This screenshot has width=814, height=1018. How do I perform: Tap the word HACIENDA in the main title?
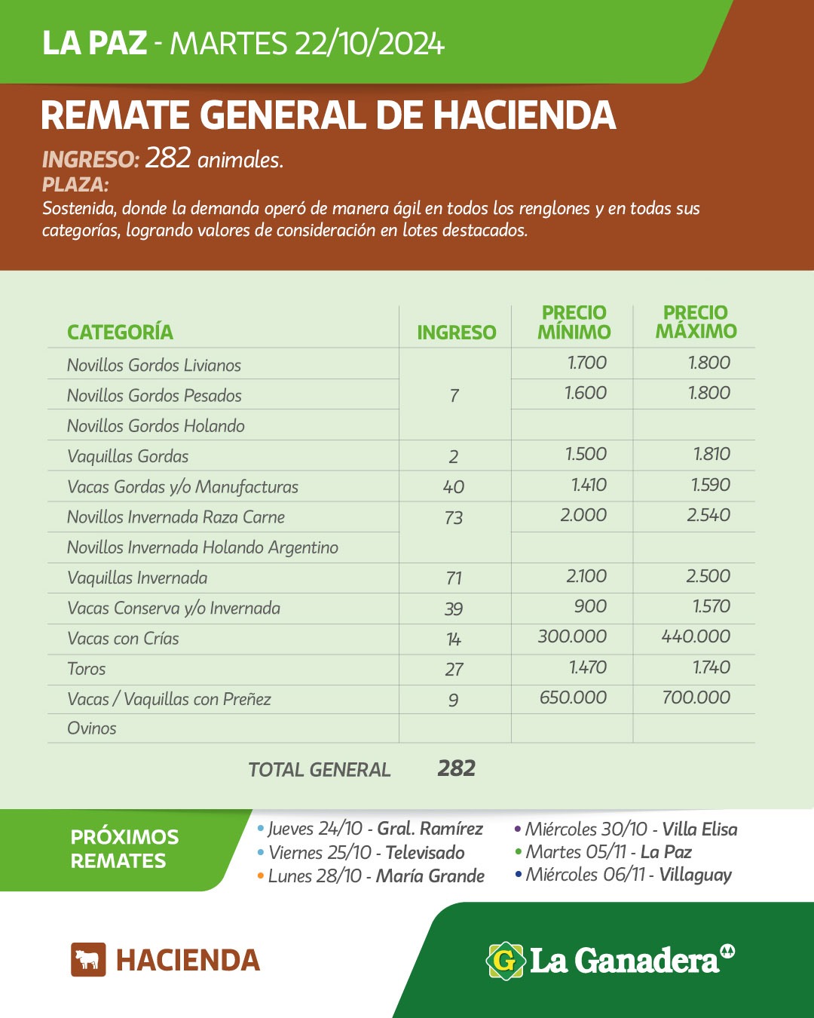point(525,115)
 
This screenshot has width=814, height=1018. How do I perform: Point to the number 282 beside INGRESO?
point(167,158)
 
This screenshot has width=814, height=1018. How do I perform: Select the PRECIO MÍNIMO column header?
point(574,322)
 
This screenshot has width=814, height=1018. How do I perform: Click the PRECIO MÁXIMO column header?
point(696,322)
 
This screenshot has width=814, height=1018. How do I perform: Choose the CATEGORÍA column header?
point(120,332)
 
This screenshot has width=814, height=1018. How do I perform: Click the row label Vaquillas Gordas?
point(127,456)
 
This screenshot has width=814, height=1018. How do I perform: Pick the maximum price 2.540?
point(708,515)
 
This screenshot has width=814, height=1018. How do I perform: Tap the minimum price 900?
point(590,607)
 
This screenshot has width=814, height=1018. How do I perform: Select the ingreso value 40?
point(454,487)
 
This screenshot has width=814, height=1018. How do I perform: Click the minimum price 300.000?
point(572,636)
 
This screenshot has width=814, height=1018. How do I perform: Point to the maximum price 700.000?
point(696,698)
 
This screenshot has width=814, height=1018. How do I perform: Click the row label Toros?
point(87,669)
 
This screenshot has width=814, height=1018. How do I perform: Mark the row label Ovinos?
point(92,728)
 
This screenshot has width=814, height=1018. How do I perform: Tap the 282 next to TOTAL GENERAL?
point(457,768)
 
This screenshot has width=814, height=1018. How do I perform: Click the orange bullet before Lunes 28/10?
point(261,876)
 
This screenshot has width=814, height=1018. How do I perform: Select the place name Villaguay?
point(696,875)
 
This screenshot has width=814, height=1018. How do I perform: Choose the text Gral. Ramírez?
point(430,829)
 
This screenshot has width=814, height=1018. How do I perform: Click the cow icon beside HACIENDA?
point(88,960)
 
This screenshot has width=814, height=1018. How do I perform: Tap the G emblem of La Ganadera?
point(505,961)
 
